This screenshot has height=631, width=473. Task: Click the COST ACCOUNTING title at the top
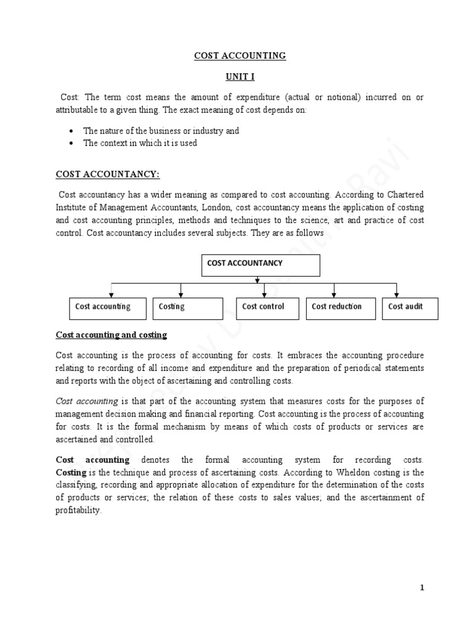pos(240,55)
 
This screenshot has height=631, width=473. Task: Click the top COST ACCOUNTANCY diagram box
pos(261,266)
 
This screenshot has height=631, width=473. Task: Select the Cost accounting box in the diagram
pos(107,309)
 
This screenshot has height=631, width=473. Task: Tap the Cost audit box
pos(410,309)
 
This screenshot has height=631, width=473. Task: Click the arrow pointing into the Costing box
pos(180,292)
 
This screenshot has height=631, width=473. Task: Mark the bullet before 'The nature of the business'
pos(71,131)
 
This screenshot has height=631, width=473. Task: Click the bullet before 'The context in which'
pos(71,143)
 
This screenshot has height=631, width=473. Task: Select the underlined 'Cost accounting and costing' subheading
pos(111,335)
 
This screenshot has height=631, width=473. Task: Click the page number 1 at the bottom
pos(422,587)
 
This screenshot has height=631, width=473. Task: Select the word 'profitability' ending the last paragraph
pos(78,511)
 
